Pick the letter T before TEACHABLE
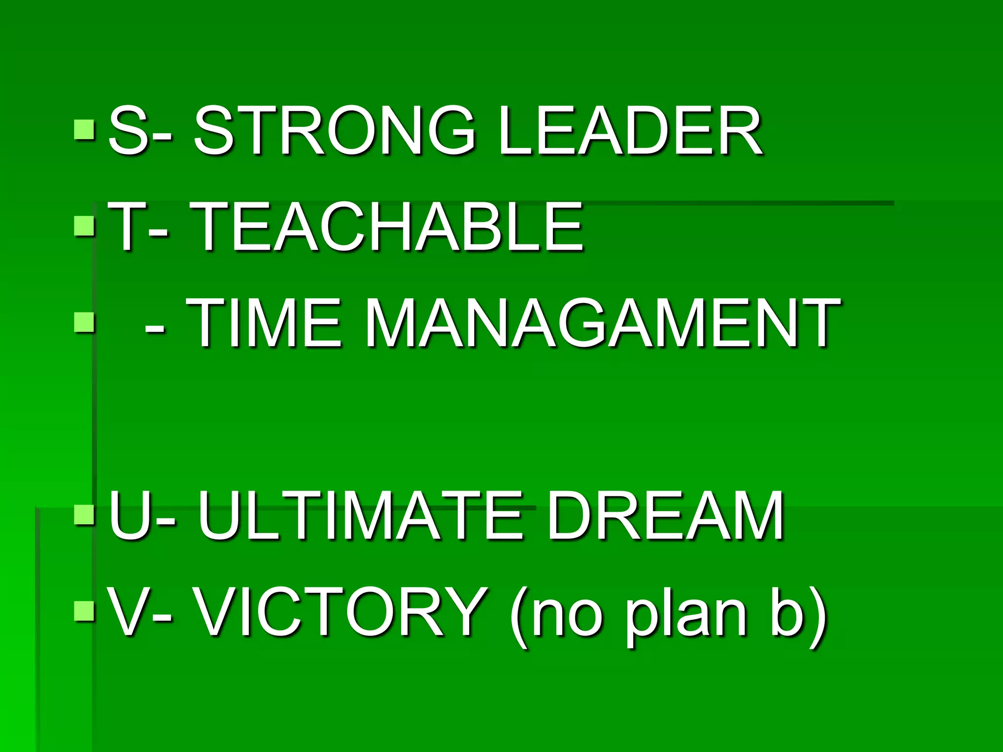point(124,228)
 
